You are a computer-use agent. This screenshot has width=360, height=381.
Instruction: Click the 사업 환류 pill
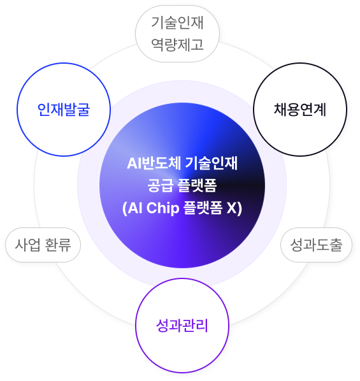click(x=43, y=245)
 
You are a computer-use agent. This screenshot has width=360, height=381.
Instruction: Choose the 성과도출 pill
click(x=316, y=245)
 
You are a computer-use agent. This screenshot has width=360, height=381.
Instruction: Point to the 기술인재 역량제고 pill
click(x=177, y=34)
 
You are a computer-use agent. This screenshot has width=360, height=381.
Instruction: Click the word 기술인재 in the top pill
click(x=177, y=23)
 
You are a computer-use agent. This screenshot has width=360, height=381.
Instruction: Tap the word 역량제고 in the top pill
click(x=177, y=45)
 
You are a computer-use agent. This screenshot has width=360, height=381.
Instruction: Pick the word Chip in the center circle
click(x=162, y=208)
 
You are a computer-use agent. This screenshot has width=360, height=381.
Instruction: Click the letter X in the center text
click(x=232, y=208)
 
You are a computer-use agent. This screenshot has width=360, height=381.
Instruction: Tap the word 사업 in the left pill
click(x=27, y=245)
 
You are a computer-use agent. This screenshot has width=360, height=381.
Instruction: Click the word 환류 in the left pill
click(x=58, y=245)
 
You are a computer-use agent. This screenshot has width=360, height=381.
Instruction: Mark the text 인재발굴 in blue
click(x=64, y=110)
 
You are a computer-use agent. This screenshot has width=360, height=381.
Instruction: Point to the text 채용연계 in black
click(x=300, y=110)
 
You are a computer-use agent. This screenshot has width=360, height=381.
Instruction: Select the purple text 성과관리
click(x=182, y=326)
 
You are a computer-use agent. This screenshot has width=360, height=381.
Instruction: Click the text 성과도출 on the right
click(x=316, y=245)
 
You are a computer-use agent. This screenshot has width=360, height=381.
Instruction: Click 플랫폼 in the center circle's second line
click(x=197, y=185)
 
